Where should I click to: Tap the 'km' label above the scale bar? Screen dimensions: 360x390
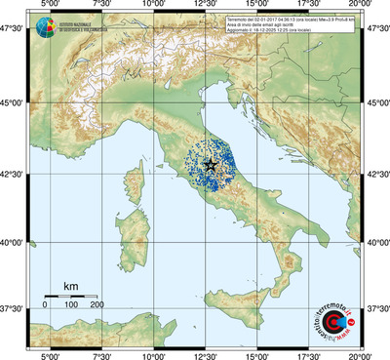click(70, 285)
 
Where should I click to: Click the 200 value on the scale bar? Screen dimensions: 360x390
click(97, 305)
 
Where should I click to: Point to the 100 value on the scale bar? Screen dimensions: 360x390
click(71, 305)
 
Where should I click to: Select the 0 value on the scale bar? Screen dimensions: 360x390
click(45, 305)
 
